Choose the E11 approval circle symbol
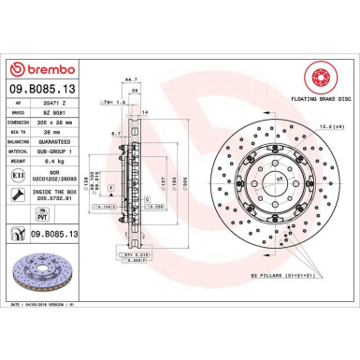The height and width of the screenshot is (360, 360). click(x=20, y=174)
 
